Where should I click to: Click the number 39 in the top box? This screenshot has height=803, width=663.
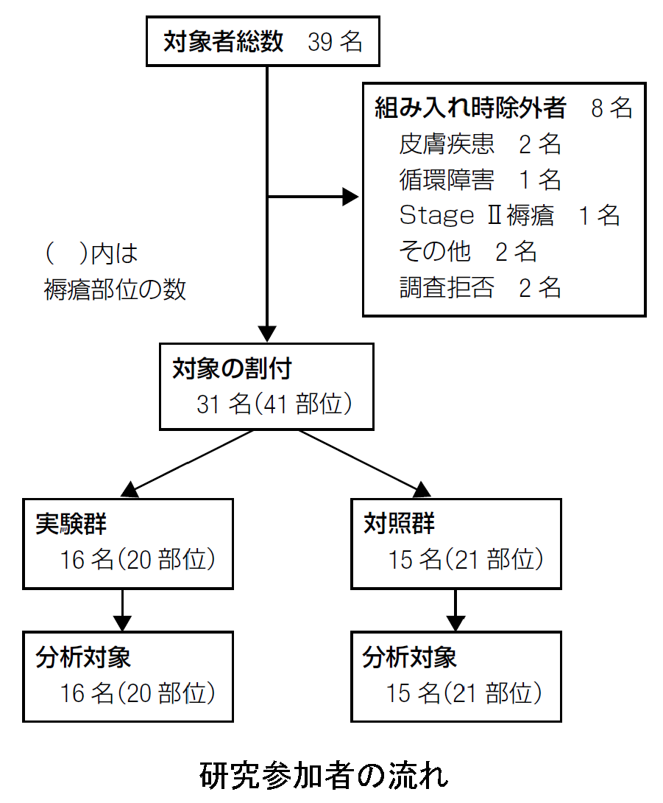[320, 42]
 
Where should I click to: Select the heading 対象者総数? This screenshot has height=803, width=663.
[223, 41]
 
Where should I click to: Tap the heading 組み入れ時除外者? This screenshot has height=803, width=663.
[470, 108]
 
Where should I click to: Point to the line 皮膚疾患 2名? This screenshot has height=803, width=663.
[480, 144]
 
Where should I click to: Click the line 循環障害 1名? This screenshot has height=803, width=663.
[480, 180]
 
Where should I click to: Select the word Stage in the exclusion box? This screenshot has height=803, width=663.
[437, 216]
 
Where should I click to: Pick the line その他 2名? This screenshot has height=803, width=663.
[467, 251]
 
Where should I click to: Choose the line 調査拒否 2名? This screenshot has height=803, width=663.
[480, 287]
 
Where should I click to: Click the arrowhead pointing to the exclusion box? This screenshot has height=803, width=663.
[350, 197]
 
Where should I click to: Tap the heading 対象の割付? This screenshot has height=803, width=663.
[232, 369]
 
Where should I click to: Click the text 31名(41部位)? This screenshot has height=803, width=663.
[274, 404]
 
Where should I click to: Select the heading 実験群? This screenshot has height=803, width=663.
[71, 524]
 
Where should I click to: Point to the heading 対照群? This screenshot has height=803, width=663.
[399, 524]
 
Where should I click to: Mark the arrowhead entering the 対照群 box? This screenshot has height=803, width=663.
[422, 491]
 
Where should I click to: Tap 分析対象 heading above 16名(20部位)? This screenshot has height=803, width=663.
[83, 657]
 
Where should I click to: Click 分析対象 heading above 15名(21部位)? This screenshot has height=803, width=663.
[410, 657]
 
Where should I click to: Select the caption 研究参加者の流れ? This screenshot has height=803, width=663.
[324, 775]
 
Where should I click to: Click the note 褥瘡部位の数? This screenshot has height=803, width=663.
[115, 290]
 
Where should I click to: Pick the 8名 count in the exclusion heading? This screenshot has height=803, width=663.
[611, 108]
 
